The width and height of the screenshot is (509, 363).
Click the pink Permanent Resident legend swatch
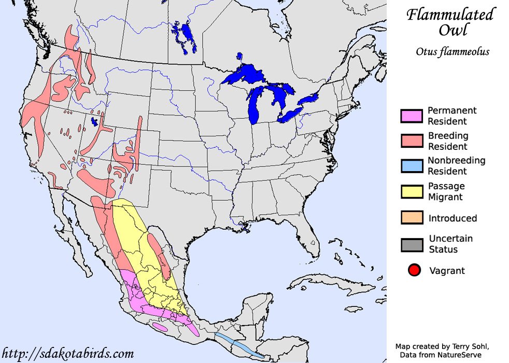pyautogui.click(x=412, y=116)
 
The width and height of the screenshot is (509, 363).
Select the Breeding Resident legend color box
pyautogui.click(x=412, y=141)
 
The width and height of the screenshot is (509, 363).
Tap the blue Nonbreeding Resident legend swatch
pyautogui.click(x=412, y=166)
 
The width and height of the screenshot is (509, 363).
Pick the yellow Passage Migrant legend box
pyautogui.click(x=412, y=191)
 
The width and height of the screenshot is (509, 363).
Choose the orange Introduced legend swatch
pyautogui.click(x=412, y=218)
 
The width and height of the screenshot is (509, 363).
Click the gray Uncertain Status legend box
pyautogui.click(x=412, y=244)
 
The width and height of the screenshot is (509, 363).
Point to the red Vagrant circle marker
pyautogui.click(x=414, y=270)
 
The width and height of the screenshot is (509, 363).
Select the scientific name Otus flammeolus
pyautogui.click(x=452, y=51)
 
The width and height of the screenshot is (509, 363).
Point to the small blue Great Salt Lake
pyautogui.click(x=94, y=122)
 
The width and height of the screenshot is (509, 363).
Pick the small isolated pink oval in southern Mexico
pyautogui.click(x=160, y=327)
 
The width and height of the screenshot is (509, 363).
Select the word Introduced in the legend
pyautogui.click(x=453, y=218)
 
